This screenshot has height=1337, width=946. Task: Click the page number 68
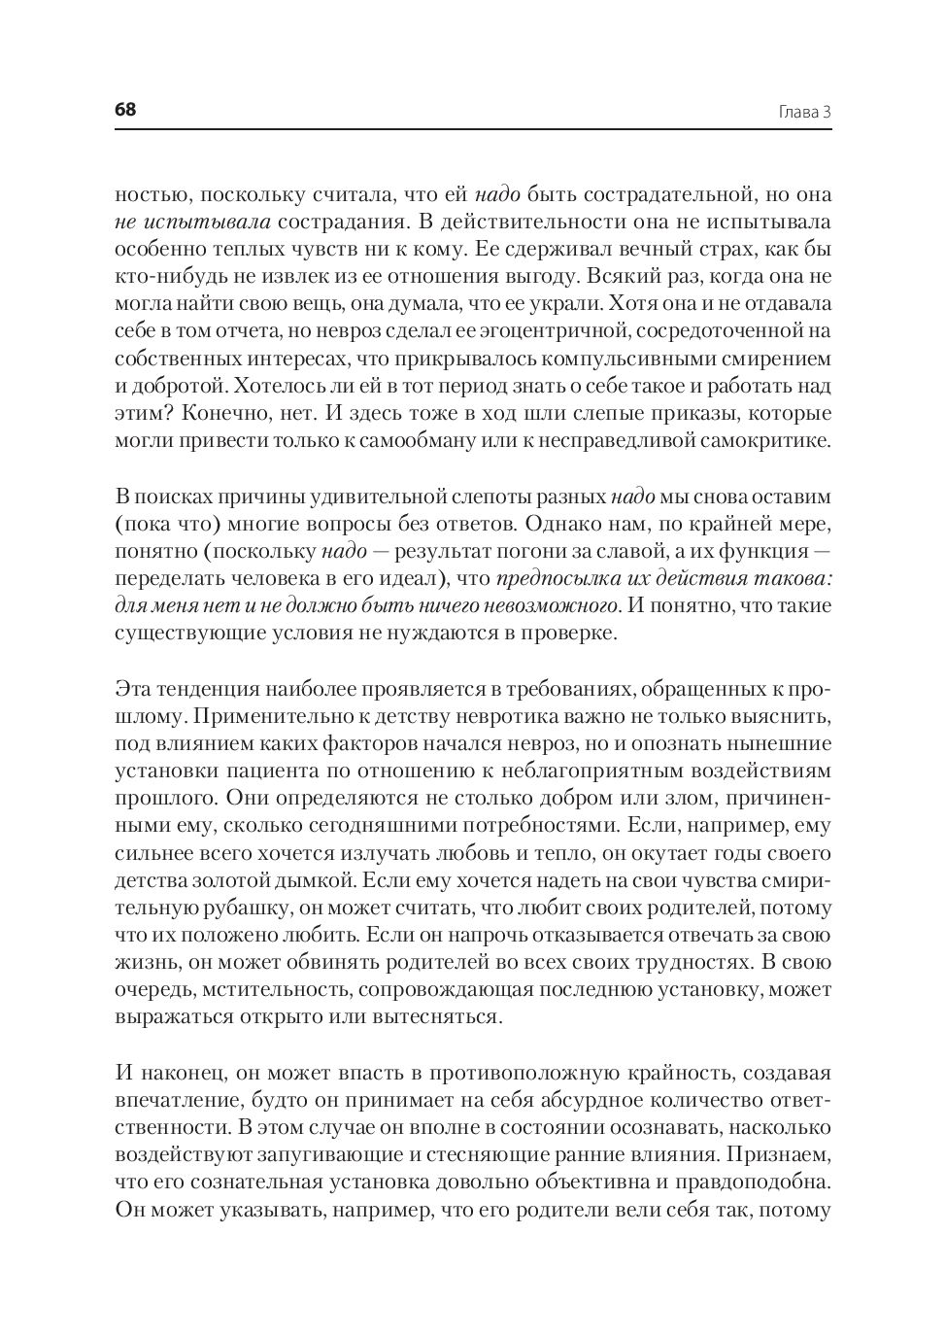pyautogui.click(x=125, y=110)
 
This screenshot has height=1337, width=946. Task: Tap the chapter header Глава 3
pyautogui.click(x=805, y=112)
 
